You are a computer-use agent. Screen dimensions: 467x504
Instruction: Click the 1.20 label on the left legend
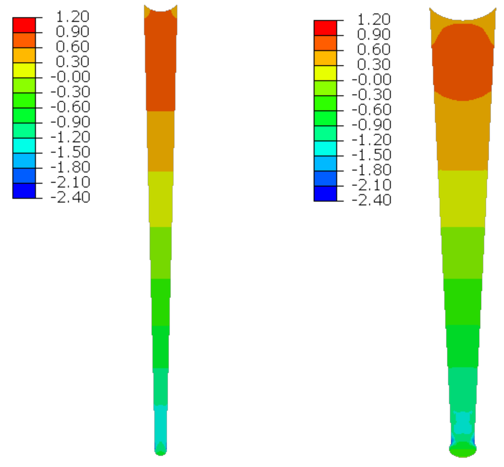72,16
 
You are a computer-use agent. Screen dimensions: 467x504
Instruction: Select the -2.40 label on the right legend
371,200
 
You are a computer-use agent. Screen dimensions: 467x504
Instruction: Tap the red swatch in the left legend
24,25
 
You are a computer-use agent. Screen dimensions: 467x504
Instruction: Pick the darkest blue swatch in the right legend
325,194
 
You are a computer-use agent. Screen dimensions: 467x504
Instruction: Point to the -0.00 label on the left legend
70,77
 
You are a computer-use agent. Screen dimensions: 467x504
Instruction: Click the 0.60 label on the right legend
374,49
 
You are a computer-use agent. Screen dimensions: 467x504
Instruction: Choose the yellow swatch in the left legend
24,70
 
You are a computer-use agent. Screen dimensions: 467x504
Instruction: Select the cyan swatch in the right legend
325,148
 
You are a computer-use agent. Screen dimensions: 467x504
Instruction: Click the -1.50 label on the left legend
70,152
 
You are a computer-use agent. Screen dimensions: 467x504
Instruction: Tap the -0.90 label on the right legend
371,125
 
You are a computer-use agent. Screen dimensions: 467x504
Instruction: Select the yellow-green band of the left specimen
161,199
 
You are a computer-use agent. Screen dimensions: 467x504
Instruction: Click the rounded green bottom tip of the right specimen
463,450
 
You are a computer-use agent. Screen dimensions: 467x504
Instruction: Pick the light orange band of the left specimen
161,141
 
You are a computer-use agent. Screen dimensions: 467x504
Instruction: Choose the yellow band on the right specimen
463,199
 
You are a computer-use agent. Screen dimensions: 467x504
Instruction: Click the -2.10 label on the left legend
70,182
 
